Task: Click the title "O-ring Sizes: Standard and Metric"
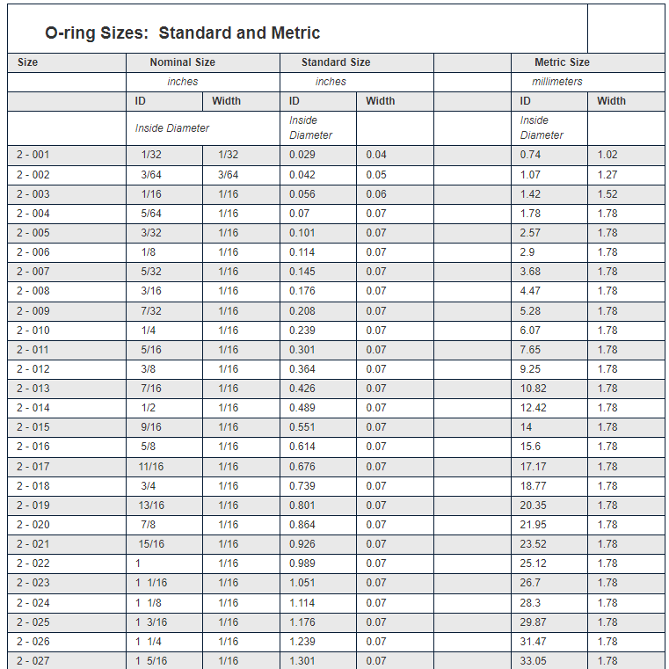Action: [183, 33]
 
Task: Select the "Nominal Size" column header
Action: [182, 62]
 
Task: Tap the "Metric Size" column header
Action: [562, 62]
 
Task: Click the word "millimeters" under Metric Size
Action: [557, 82]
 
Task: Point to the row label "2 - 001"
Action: [33, 155]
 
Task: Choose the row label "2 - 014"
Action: [33, 408]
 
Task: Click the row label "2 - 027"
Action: [33, 661]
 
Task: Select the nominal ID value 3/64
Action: [151, 175]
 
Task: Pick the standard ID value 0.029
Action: [302, 155]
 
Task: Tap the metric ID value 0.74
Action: [530, 155]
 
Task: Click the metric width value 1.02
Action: [607, 155]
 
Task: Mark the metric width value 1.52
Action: [607, 194]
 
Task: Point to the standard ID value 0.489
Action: [302, 408]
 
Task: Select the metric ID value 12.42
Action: [533, 408]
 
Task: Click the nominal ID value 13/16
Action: [151, 505]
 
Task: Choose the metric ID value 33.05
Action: [533, 661]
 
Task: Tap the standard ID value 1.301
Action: [302, 661]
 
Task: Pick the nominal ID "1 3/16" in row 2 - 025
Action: [151, 622]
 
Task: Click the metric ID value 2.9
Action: [527, 252]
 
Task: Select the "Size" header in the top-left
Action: [27, 62]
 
